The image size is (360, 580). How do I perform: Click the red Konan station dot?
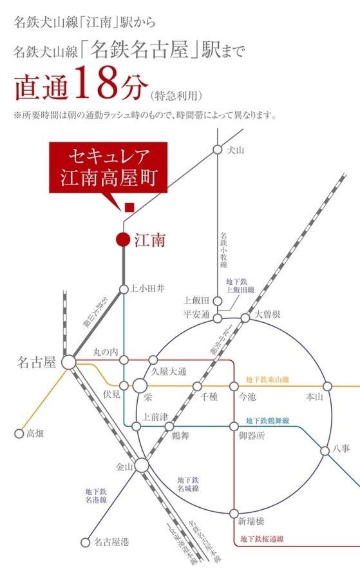pyautogui.click(x=122, y=240)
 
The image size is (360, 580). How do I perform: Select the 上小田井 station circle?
pyautogui.click(x=123, y=289)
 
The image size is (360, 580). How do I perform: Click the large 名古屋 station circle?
pyautogui.click(x=69, y=363)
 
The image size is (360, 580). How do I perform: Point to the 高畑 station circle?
pyautogui.click(x=19, y=433)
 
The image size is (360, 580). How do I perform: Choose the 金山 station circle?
pyautogui.click(x=142, y=465)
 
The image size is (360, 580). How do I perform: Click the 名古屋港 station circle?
pyautogui.click(x=84, y=542)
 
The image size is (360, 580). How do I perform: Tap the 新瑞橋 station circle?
pyautogui.click(x=234, y=513)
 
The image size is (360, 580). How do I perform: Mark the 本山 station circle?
pyautogui.click(x=328, y=386)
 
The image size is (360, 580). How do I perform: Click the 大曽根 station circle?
pyautogui.click(x=245, y=318)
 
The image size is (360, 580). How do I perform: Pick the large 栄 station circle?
pyautogui.click(x=140, y=386)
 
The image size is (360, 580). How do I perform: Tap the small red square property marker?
pyautogui.click(x=129, y=207)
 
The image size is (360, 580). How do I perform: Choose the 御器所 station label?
pyautogui.click(x=251, y=436)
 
